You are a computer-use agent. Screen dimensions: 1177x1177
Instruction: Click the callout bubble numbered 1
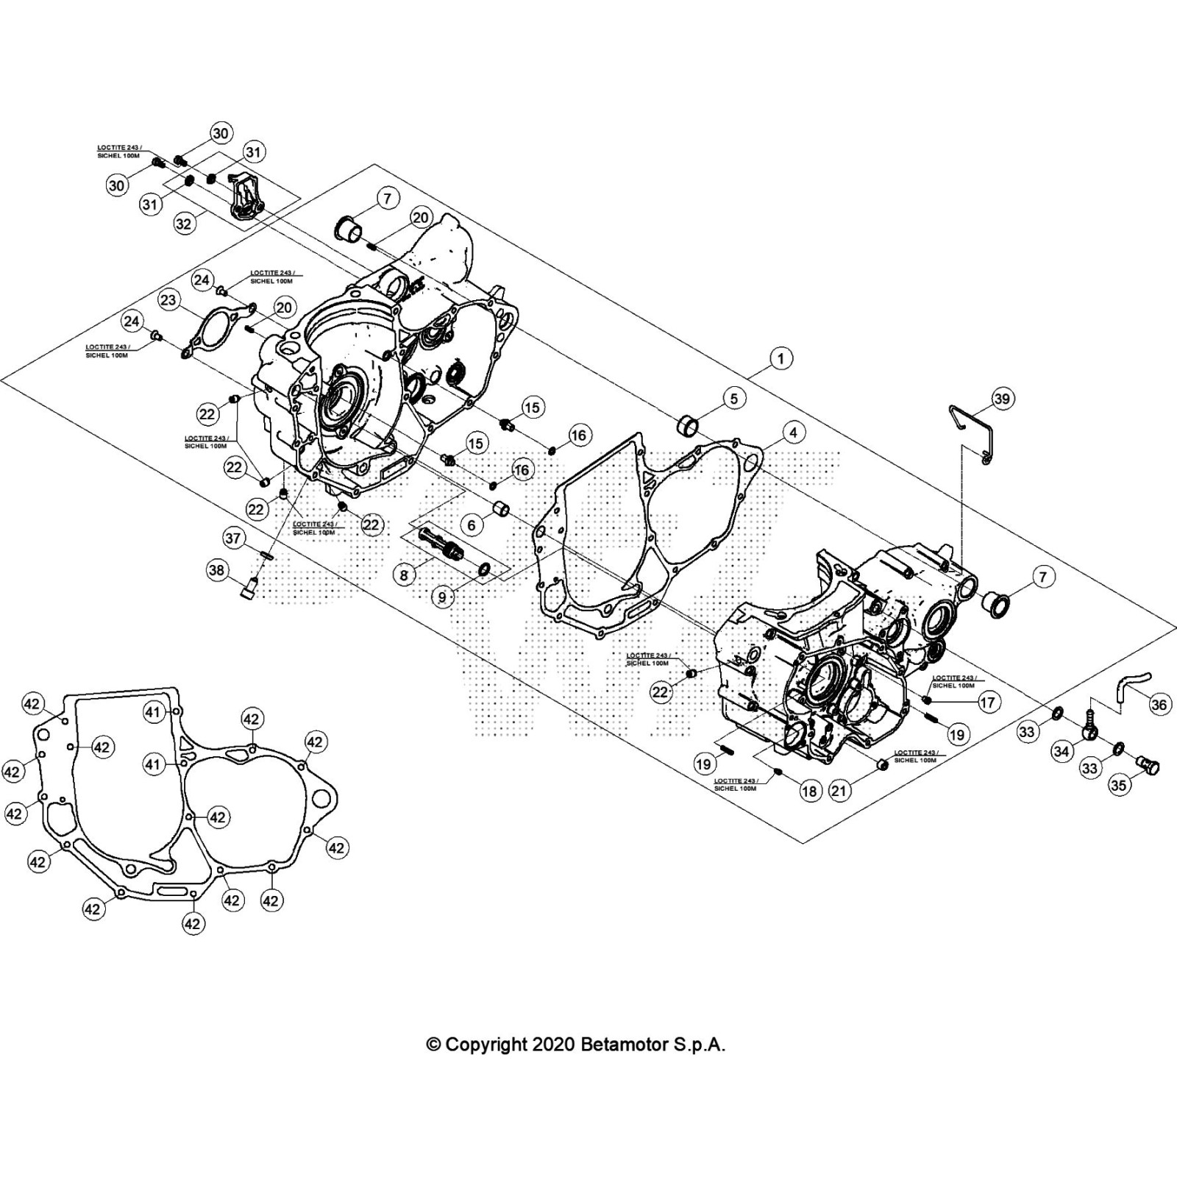tap(780, 358)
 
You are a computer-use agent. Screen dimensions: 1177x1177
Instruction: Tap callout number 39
tap(1002, 398)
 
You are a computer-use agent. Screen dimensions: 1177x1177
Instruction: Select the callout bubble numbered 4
tap(793, 432)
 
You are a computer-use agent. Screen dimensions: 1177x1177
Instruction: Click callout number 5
tap(733, 398)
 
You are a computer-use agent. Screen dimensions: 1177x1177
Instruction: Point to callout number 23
tap(168, 299)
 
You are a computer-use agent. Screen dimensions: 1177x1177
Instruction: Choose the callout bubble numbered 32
tap(183, 223)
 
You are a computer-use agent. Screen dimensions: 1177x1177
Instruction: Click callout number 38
tap(217, 570)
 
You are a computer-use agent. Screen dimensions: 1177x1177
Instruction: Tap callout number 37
tap(233, 538)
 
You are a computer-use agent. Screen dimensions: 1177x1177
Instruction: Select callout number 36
tap(1159, 705)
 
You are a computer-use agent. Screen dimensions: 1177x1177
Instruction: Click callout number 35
tap(1118, 785)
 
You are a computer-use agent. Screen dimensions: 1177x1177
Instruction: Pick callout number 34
tap(1062, 751)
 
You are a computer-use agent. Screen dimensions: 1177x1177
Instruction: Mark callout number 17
tap(987, 702)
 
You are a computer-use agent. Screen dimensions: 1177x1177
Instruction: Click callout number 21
tap(839, 791)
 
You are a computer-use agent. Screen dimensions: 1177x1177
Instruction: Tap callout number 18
tap(809, 791)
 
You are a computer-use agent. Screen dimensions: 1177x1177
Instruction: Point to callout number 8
tap(404, 574)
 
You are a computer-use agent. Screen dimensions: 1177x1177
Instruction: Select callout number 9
tap(442, 596)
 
